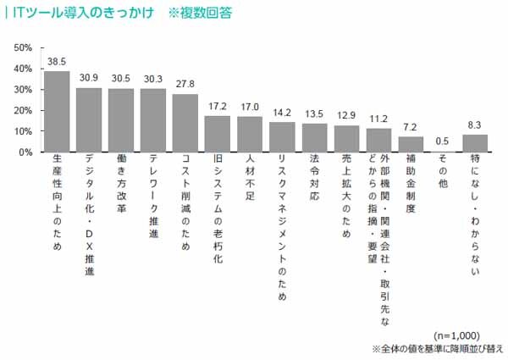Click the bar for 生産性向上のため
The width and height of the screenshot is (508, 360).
click(57, 112)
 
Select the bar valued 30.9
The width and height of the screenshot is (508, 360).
click(89, 119)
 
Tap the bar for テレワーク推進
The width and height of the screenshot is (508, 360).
click(153, 120)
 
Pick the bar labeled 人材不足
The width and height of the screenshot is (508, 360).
click(250, 135)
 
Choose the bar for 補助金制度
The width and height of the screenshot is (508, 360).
click(411, 145)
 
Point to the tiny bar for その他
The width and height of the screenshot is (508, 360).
click(443, 152)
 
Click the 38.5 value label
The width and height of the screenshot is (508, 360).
click(57, 62)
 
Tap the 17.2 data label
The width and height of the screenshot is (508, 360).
click(218, 107)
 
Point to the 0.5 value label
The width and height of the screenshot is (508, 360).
click(443, 141)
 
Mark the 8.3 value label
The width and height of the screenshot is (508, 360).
click(475, 125)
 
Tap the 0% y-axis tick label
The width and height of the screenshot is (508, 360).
click(25, 152)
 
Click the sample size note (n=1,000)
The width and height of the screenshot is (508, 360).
click(457, 335)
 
